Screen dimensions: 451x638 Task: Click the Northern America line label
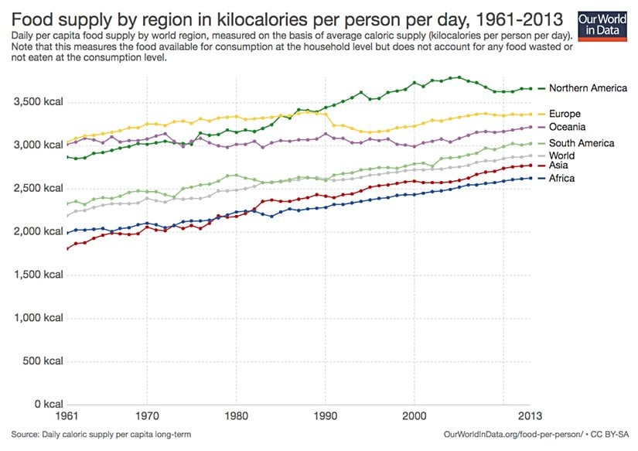pyautogui.click(x=588, y=88)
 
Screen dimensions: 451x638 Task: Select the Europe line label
pyautogui.click(x=566, y=114)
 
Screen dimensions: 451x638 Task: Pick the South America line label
pyautogui.click(x=582, y=143)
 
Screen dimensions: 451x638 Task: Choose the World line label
pyautogui.click(x=563, y=155)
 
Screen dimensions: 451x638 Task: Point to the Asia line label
pyautogui.click(x=560, y=166)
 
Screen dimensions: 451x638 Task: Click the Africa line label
pyautogui.click(x=562, y=179)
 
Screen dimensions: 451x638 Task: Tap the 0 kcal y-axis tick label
pyautogui.click(x=46, y=405)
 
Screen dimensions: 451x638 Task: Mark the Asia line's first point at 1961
pyautogui.click(x=68, y=248)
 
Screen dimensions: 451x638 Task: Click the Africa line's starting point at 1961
pyautogui.click(x=68, y=232)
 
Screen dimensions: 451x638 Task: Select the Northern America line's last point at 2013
pyautogui.click(x=530, y=88)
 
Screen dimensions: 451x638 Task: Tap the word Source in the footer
pyautogui.click(x=26, y=436)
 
